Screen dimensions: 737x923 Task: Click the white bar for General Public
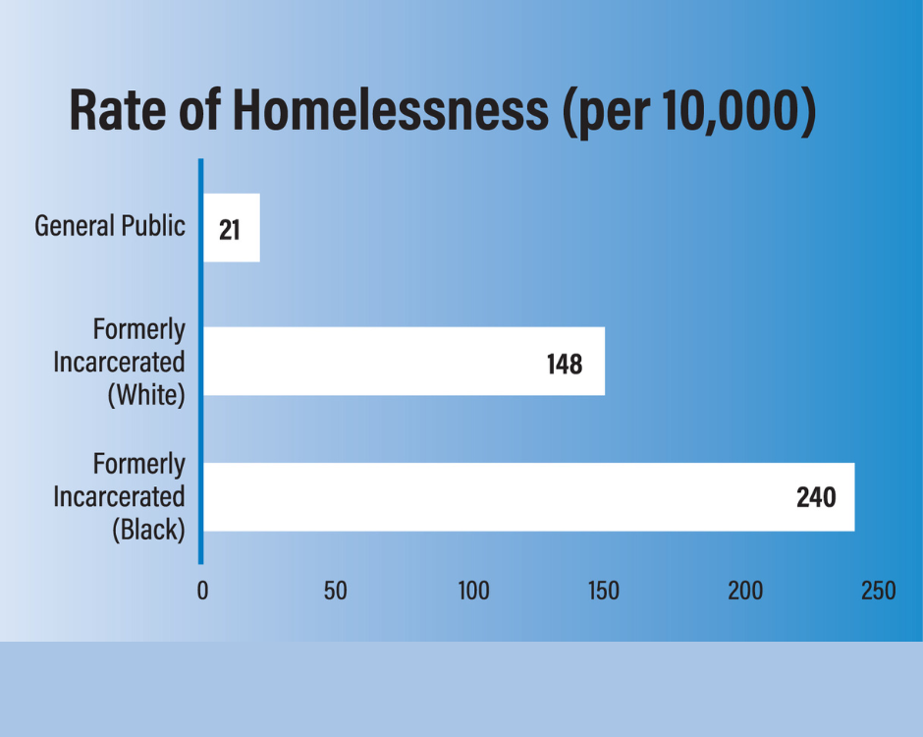click(x=232, y=227)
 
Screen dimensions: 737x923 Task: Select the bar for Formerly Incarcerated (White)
click(x=403, y=362)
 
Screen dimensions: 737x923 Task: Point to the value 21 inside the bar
click(x=230, y=229)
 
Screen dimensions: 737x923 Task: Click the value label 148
click(x=565, y=365)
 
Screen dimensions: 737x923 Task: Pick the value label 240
click(x=816, y=498)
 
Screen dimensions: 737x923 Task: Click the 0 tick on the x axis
click(x=203, y=592)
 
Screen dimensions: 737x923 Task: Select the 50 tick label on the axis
click(x=336, y=592)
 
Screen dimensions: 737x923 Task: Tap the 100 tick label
click(x=473, y=592)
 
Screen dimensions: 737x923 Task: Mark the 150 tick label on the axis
click(x=603, y=592)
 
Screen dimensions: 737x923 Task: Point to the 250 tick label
click(x=878, y=592)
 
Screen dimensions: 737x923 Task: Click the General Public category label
click(x=110, y=226)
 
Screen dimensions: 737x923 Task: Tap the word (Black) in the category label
click(x=148, y=530)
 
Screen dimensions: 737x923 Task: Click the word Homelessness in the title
click(x=390, y=111)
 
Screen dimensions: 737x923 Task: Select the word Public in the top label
click(x=153, y=226)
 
